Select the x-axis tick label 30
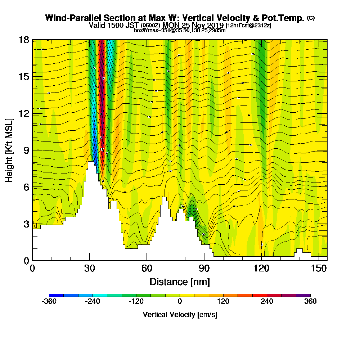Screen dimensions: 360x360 pyautogui.click(x=90, y=268)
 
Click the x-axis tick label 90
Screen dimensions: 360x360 pyautogui.click(x=204, y=268)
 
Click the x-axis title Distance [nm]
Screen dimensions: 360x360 pyautogui.click(x=180, y=281)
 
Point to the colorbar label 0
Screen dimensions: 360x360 pyautogui.click(x=180, y=301)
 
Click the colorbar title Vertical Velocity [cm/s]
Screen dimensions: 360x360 pyautogui.click(x=180, y=315)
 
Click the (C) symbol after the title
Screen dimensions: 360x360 pyautogui.click(x=311, y=18)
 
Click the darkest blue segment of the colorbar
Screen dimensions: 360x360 pyautogui.click(x=56, y=295)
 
